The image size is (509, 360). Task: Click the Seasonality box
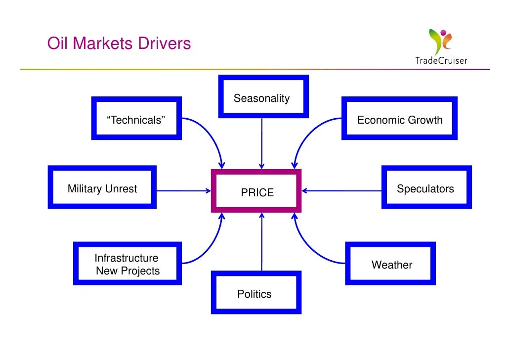pyautogui.click(x=261, y=97)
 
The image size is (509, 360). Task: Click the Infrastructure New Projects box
pyautogui.click(x=127, y=264)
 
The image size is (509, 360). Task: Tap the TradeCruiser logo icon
pyautogui.click(x=440, y=41)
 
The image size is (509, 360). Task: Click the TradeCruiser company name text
pyautogui.click(x=441, y=61)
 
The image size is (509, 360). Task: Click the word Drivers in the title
pyautogui.click(x=165, y=44)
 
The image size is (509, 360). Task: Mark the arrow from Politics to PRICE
pyautogui.click(x=261, y=242)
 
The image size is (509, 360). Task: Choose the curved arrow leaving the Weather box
pyautogui.click(x=311, y=247)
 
